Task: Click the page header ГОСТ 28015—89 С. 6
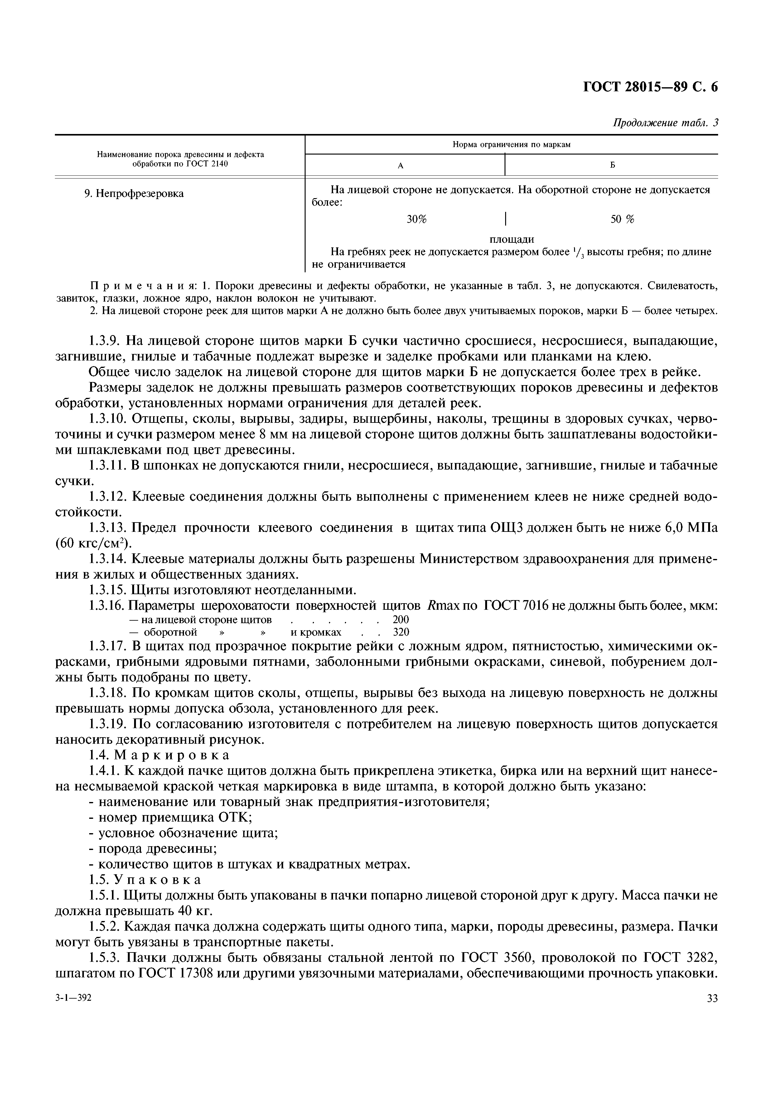coord(650,87)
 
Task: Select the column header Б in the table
coord(612,165)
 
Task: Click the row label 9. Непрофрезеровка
coord(134,194)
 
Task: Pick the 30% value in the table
coord(416,219)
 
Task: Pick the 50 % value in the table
coord(622,219)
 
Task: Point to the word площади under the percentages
coord(512,239)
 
